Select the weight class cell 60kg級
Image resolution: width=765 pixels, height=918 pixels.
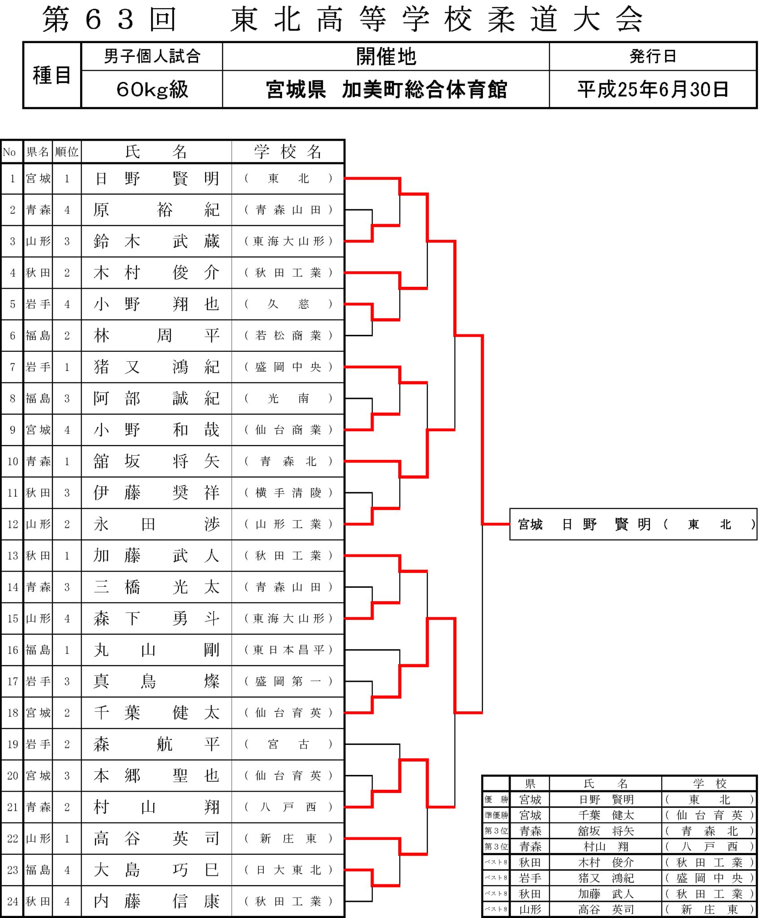coord(152,89)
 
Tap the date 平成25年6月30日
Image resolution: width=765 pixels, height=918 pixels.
coord(653,89)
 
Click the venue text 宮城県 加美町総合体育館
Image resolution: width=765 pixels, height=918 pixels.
coord(386,90)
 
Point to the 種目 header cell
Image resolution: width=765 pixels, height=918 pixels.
coord(52,75)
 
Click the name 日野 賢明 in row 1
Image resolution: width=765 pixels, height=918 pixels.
coord(157,178)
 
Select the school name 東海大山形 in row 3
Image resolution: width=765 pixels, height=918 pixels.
coord(288,241)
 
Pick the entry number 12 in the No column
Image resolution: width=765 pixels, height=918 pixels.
coord(13,524)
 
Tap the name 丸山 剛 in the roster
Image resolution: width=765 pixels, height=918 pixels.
coord(157,650)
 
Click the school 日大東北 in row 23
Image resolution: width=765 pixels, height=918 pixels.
coord(288,870)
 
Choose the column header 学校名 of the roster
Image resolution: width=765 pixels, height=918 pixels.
coord(288,152)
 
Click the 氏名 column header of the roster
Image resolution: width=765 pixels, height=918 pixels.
coord(156,152)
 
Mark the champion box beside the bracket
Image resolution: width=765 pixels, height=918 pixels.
coord(633,524)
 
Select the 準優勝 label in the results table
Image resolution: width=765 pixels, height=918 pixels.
coord(496,815)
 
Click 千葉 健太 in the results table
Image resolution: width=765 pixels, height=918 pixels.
coord(606,815)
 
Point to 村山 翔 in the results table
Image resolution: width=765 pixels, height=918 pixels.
coord(606,846)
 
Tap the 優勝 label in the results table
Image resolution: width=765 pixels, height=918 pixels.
coord(496,799)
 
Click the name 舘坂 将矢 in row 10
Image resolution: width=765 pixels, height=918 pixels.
coord(157,461)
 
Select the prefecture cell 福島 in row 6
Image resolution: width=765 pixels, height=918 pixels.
coord(38,336)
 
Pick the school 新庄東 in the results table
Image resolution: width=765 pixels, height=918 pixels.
coord(709,909)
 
